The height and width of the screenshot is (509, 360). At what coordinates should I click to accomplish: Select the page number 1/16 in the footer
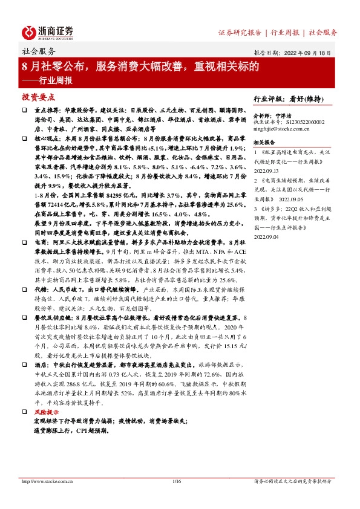click(177, 481)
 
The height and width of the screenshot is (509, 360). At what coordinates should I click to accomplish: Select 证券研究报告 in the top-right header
click(240, 32)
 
